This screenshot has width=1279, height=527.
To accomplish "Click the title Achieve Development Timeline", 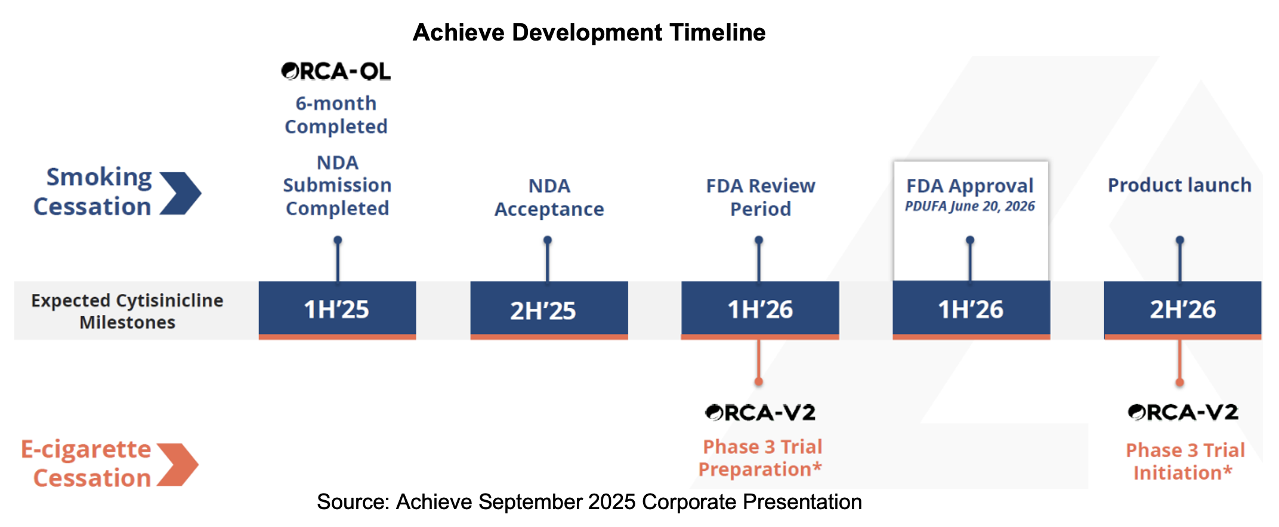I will coord(589,33).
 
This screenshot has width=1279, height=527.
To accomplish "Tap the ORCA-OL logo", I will coord(336,72).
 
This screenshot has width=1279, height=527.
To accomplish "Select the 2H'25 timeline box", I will coord(549,309).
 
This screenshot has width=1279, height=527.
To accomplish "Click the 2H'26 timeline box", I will coord(1182,309).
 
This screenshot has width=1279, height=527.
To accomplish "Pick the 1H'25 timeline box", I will coord(337,309).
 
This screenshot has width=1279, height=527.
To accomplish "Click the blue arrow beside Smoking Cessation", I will coord(181,193).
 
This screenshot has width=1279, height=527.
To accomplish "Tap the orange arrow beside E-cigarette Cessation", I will coord(178,464).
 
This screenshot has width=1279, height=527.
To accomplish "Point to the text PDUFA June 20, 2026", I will coord(969,206).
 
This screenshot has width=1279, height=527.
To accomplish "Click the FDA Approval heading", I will coord(969,185).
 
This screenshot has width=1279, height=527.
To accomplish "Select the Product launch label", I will coord(1179,185).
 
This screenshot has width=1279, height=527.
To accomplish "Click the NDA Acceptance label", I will coord(549,197).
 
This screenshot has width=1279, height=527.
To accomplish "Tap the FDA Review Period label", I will coord(760,197).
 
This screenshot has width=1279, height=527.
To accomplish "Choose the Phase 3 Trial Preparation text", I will coord(761,458).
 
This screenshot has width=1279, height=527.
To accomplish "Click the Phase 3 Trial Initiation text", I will coord(1184,461).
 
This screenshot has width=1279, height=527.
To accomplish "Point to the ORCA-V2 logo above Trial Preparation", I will coord(760,413).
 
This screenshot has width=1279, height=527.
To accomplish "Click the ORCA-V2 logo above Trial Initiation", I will coord(1182,413).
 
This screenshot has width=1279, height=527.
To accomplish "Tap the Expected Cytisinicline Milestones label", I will coord(127,311).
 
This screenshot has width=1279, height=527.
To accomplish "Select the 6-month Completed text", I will coord(336,114).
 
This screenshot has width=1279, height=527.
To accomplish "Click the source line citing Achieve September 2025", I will coord(589,502).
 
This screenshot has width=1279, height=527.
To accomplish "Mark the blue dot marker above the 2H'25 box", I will coord(548,240).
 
